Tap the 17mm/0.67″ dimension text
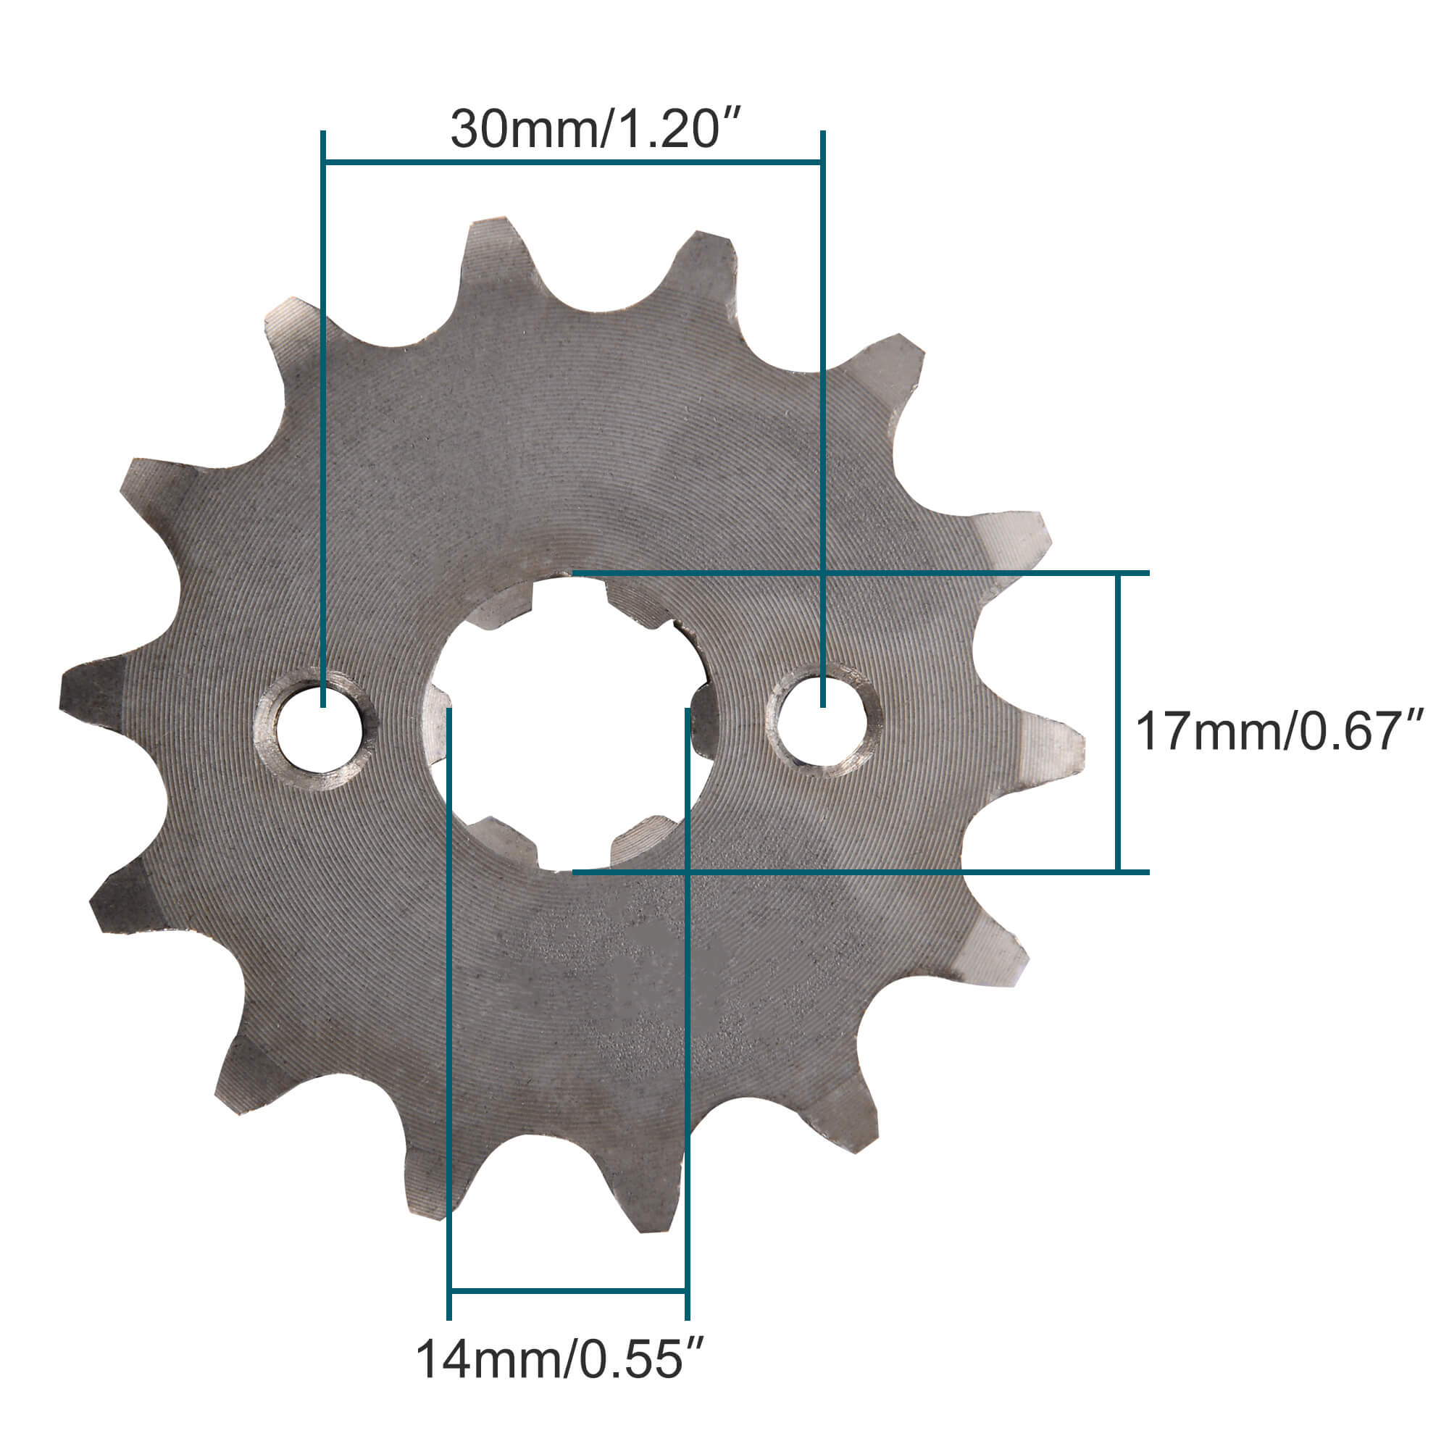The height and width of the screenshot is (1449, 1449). click(x=1278, y=732)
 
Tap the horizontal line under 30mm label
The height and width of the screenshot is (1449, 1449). click(x=572, y=162)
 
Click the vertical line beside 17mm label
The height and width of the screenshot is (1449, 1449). click(x=1117, y=722)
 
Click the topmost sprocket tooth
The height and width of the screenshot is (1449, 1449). click(x=491, y=248)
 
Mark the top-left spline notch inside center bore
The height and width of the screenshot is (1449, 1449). click(x=504, y=603)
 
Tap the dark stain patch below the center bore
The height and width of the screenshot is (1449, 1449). click(x=660, y=967)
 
